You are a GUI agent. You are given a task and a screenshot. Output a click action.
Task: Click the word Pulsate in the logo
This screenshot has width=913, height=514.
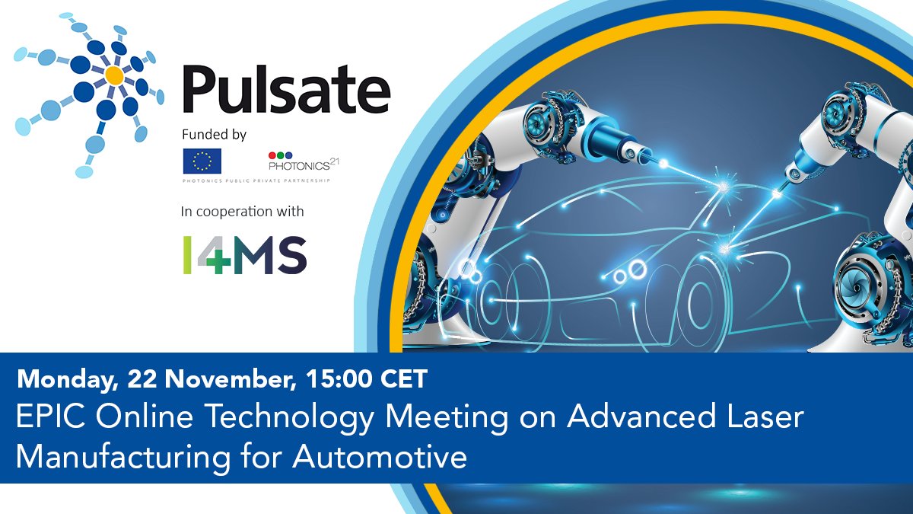coord(286,90)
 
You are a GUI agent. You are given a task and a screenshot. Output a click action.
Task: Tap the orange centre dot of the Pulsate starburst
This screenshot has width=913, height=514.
coord(114,75)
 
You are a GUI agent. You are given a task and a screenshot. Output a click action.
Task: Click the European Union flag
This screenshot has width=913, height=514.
coord(202,161)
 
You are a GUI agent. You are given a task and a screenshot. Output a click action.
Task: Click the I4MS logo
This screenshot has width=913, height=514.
coord(244,254)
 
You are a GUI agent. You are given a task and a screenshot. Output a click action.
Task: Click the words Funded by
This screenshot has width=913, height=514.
coord(214,135)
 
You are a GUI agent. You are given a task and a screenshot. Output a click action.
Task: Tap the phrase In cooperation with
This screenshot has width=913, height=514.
coord(247,211)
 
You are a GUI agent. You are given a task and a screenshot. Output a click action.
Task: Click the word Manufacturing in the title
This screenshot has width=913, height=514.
coord(130,458)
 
